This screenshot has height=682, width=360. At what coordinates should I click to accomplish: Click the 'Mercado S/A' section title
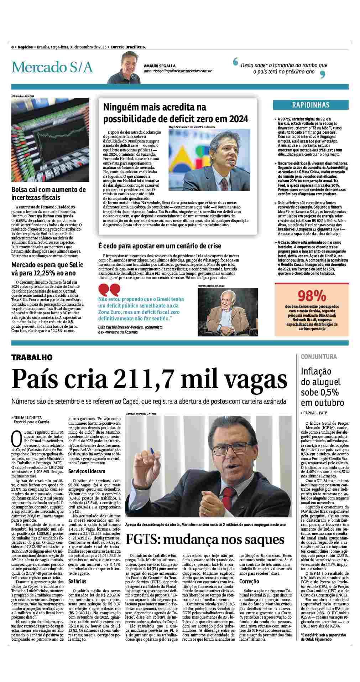point(52,67)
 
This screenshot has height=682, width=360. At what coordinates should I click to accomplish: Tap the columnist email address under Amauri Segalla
point(178,71)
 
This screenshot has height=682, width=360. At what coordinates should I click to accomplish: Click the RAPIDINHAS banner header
point(311,105)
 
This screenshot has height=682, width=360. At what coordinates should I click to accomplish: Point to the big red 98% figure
point(312,296)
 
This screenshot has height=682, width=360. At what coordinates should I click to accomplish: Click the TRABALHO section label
point(32,357)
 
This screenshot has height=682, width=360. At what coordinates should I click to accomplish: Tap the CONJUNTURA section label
point(319,357)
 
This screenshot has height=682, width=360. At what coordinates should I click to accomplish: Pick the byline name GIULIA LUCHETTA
point(28,417)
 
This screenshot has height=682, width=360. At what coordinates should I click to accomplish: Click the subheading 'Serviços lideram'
point(82,471)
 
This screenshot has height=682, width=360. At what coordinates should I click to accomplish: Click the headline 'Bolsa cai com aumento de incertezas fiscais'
point(48,193)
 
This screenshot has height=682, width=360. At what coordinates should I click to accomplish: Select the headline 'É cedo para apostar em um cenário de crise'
point(160,246)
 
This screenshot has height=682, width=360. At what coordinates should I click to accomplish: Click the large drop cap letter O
point(17,439)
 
